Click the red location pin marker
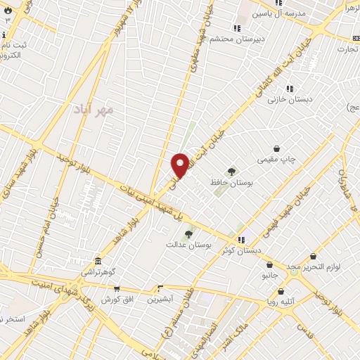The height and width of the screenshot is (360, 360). (180, 165)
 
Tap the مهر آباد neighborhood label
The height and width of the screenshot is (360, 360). (94, 110)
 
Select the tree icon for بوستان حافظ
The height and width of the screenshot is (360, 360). (231, 171)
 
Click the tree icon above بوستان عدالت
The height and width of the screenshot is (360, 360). (188, 233)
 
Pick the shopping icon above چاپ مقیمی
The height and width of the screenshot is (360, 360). (277, 148)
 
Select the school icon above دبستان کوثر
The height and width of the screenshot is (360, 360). (241, 239)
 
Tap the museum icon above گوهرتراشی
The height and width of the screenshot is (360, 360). (97, 261)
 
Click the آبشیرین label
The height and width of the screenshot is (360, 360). (160, 299)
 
